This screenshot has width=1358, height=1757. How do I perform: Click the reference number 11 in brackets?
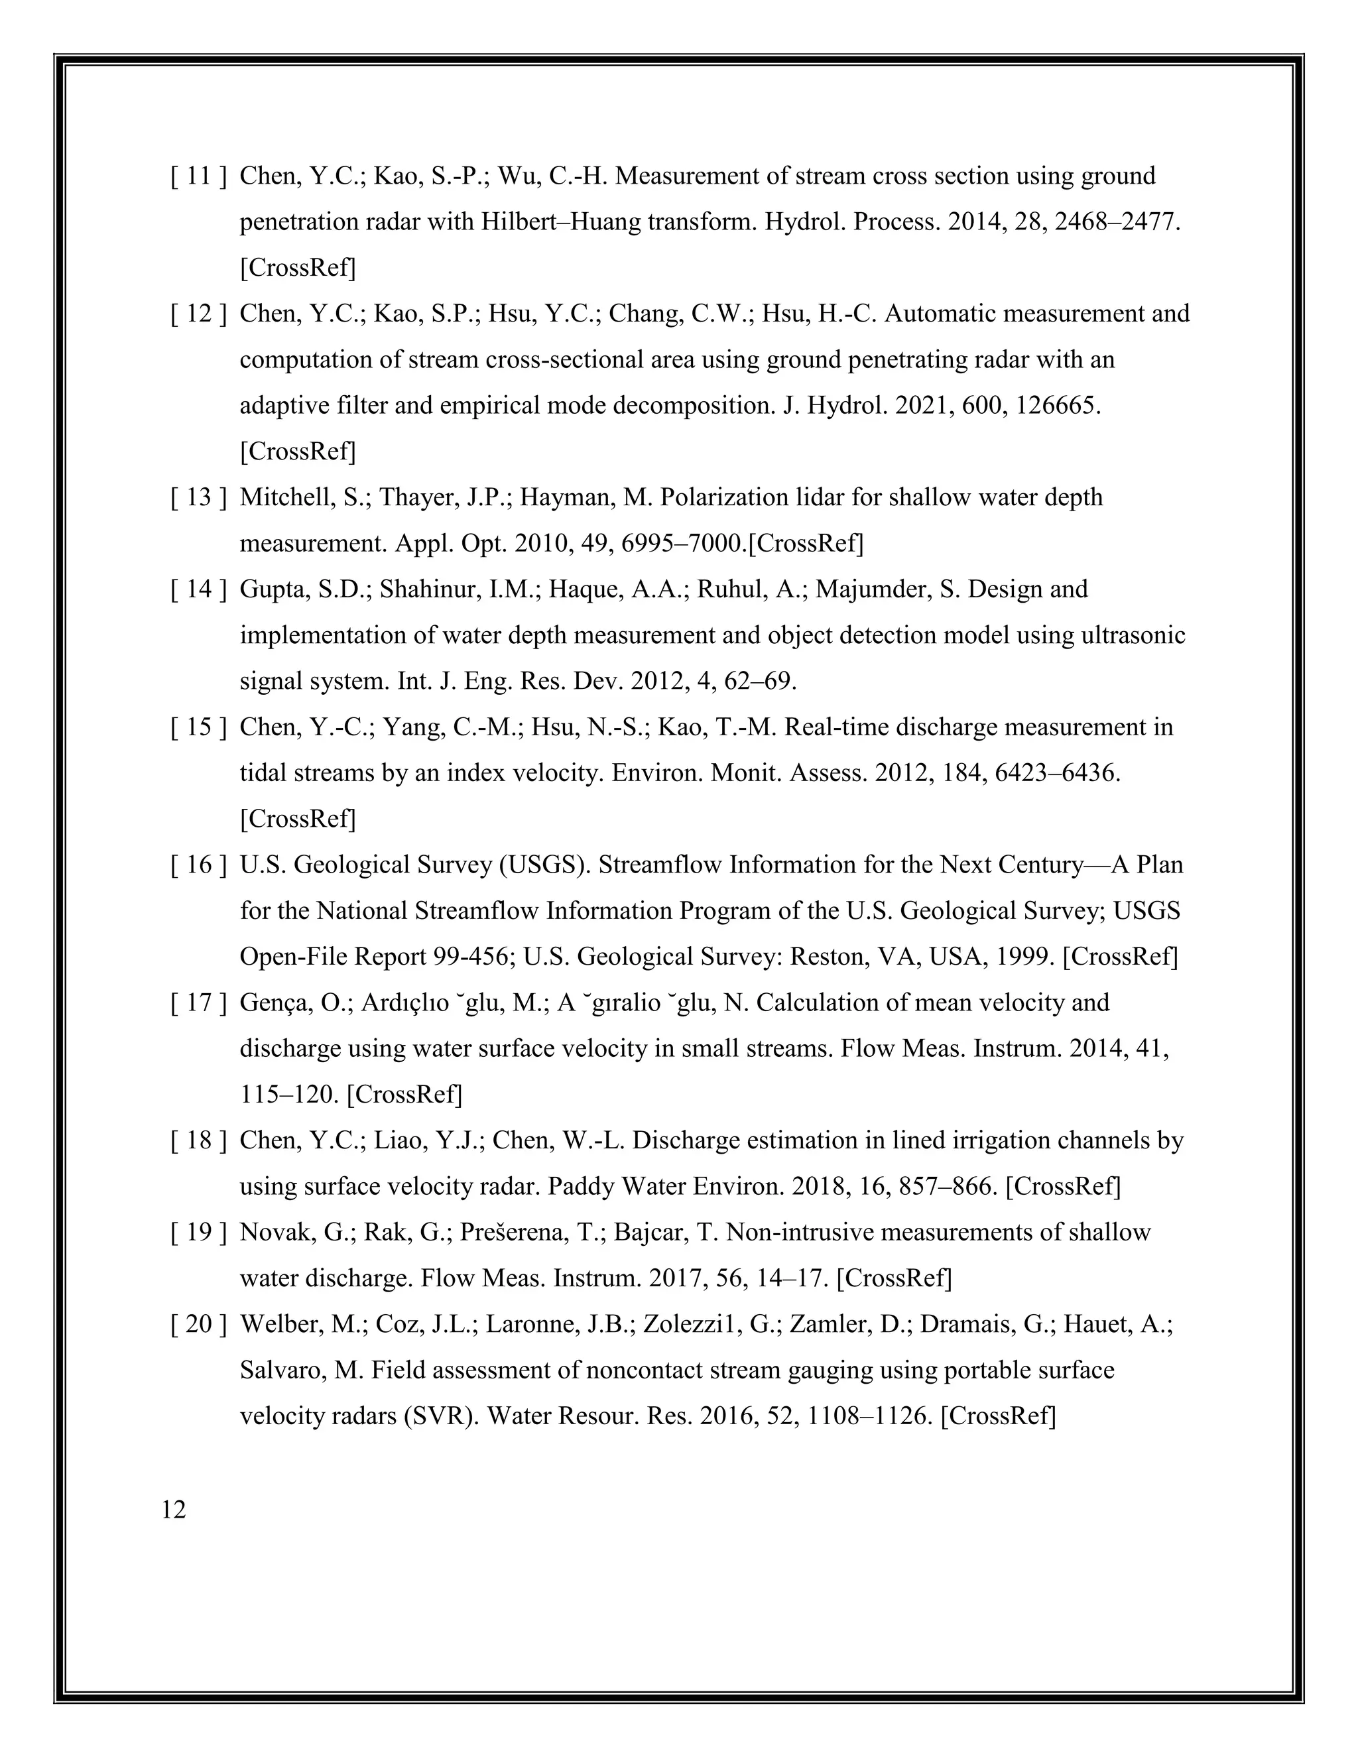point(198,176)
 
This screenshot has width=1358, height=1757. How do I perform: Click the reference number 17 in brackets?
point(198,1003)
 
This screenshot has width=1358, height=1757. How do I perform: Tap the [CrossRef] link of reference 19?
point(894,1278)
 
